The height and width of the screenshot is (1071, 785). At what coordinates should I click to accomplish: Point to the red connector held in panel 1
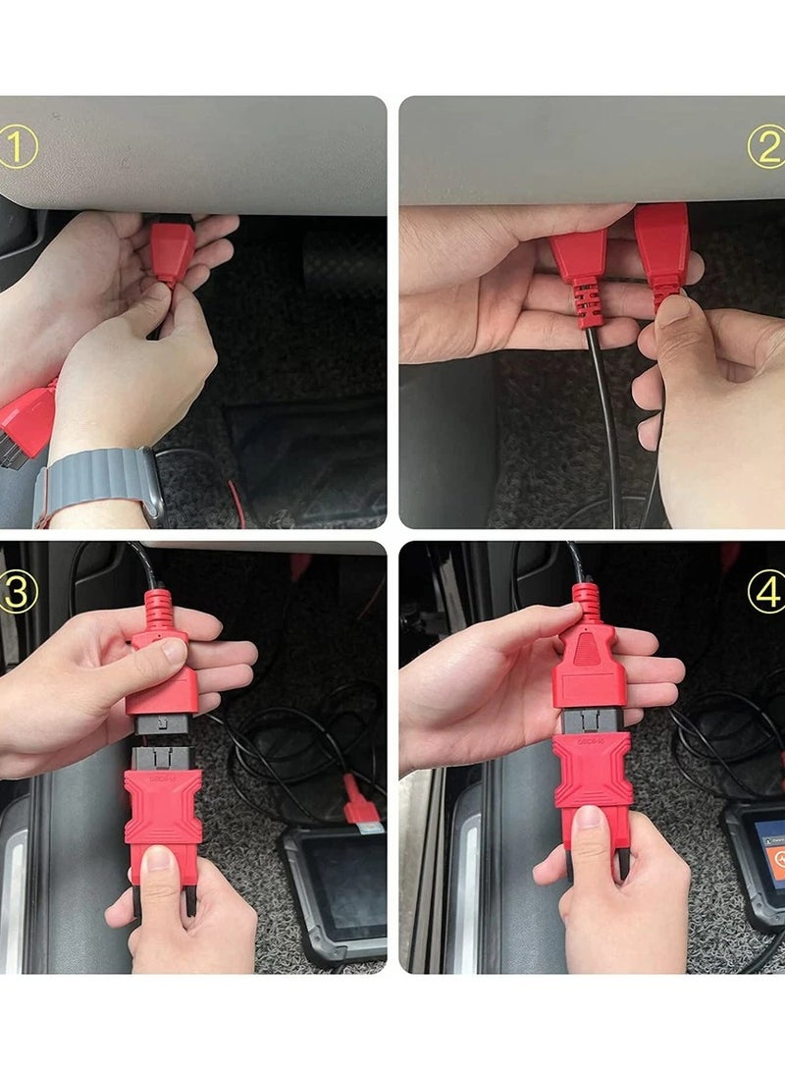pyautogui.click(x=172, y=251)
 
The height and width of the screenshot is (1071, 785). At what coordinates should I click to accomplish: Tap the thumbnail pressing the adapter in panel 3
pyautogui.click(x=160, y=864)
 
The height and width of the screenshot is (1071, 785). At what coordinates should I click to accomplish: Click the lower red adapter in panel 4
pyautogui.click(x=592, y=776)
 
